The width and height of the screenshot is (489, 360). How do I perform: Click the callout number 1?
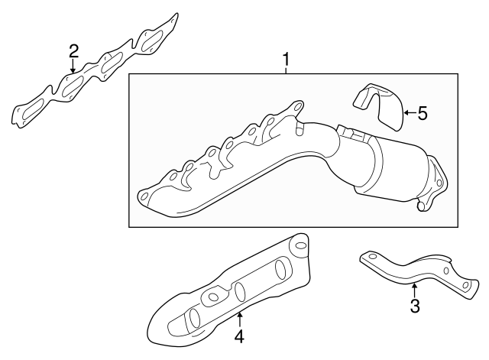coord(286,58)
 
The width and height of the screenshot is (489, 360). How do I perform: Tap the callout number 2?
coord(73,51)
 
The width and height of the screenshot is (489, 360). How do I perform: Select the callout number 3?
coord(415,306)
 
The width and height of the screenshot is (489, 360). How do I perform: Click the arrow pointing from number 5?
coord(406,113)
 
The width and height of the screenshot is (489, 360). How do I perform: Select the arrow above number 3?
coord(413,290)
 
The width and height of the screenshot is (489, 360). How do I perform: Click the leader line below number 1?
coord(286,70)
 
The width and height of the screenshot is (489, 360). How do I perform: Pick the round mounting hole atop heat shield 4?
coord(300,247)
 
